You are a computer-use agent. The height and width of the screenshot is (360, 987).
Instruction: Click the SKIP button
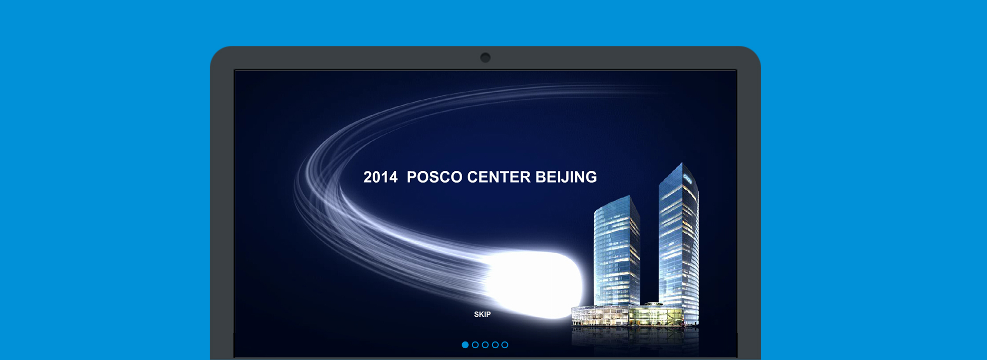tap(482, 314)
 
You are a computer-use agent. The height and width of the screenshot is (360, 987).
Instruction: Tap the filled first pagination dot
tap(465, 345)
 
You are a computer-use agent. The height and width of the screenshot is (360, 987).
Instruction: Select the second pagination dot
tap(475, 345)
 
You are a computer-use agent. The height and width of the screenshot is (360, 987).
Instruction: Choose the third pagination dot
tap(485, 345)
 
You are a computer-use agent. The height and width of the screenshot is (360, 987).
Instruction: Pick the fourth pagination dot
tap(495, 345)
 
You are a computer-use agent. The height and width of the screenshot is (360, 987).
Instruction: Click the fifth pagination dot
tap(505, 345)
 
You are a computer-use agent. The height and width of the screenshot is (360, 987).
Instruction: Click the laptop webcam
tap(485, 58)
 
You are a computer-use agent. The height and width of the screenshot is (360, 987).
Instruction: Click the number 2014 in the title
tap(380, 177)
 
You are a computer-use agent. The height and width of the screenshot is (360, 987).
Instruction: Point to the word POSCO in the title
tap(434, 177)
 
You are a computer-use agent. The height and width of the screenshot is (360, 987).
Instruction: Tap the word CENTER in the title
tap(499, 177)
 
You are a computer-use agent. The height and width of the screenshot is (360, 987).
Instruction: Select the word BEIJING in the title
tap(566, 177)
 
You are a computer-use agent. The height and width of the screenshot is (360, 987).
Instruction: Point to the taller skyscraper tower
tap(679, 242)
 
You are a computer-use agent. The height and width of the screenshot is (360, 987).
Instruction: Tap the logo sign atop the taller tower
tap(688, 179)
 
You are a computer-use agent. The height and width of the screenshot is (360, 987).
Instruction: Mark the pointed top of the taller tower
tap(682, 164)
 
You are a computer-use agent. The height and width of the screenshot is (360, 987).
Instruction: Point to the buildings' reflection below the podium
tap(635, 339)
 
